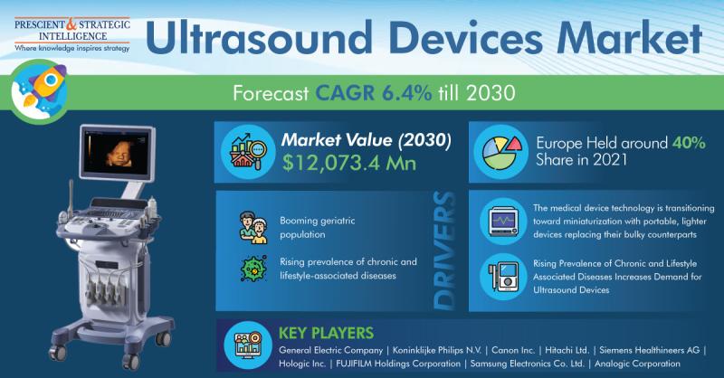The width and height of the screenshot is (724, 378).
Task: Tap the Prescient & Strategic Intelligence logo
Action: coord(72,33)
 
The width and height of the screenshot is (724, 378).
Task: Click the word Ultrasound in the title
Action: coord(259,37)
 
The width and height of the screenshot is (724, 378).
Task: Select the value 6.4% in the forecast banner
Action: coord(406,93)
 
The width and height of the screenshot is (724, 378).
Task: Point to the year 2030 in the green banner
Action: coord(491,93)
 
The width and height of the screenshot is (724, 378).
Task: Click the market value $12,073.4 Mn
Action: coord(349,163)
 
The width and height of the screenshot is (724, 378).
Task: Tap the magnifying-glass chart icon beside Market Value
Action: coord(248,151)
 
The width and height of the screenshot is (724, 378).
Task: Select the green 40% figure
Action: coord(689,143)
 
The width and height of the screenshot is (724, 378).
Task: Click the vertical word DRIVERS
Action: coord(444,251)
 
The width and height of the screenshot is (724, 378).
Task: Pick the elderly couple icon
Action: coord(253,228)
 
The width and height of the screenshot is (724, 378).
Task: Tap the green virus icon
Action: coord(253,269)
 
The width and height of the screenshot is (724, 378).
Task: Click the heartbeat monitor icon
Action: coord(503,222)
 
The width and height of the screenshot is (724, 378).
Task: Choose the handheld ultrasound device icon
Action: coord(503,277)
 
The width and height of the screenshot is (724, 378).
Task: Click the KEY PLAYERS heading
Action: coord(326,333)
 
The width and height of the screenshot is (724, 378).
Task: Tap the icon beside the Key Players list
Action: coord(248,345)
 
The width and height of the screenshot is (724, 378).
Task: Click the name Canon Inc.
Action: coord(513,350)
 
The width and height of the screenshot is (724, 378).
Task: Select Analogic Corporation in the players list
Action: coord(637,364)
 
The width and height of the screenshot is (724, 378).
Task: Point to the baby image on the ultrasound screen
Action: coord(119,152)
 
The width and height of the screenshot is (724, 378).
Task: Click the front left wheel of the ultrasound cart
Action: coord(57,353)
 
